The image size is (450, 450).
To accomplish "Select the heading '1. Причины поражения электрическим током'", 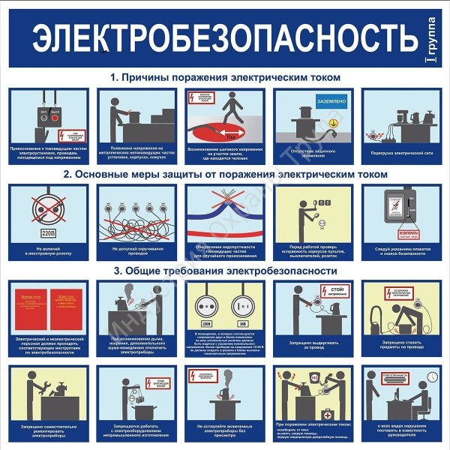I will tap(225, 77).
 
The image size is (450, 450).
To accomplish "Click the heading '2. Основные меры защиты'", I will tap(225, 173).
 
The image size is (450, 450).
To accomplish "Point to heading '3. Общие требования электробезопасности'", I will tap(225, 271).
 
